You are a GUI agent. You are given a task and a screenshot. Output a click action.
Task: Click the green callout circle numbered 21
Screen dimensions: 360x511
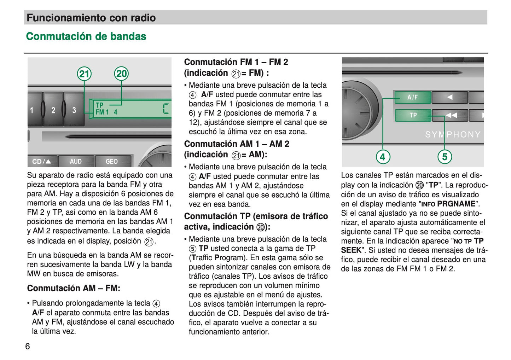(84, 74)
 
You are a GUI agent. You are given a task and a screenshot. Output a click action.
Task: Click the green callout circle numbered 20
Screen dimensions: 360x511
(121, 74)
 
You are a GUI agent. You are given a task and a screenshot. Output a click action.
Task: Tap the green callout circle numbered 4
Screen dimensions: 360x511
(383, 157)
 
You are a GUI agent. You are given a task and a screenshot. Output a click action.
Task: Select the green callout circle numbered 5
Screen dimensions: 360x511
(445, 157)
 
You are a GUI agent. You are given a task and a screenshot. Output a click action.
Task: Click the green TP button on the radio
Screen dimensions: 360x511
(413, 115)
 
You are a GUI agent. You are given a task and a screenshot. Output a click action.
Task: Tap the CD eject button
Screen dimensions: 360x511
(42, 162)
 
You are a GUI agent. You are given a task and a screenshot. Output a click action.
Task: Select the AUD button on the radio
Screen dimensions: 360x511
(76, 162)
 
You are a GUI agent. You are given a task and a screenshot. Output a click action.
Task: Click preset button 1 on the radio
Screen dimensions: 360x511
(33, 110)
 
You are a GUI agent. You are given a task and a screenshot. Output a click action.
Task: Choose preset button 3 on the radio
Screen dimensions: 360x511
(74, 110)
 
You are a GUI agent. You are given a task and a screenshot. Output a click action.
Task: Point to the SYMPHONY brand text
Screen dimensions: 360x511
(453, 135)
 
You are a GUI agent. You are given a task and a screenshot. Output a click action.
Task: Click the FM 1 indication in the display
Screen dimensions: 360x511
(102, 112)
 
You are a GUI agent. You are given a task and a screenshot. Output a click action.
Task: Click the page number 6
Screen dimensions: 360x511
(28, 346)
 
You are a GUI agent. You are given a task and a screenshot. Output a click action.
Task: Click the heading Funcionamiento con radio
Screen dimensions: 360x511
(91, 18)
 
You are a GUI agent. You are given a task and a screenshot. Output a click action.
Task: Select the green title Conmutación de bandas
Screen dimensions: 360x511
(86, 36)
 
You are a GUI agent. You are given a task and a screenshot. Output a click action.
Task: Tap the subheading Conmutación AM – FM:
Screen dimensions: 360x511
(74, 288)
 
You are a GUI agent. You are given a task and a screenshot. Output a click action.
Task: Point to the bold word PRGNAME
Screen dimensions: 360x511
(456, 204)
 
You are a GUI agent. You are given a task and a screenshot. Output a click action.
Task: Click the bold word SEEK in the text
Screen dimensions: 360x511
(351, 250)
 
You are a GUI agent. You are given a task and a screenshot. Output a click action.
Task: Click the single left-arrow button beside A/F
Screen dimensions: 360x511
(449, 97)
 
